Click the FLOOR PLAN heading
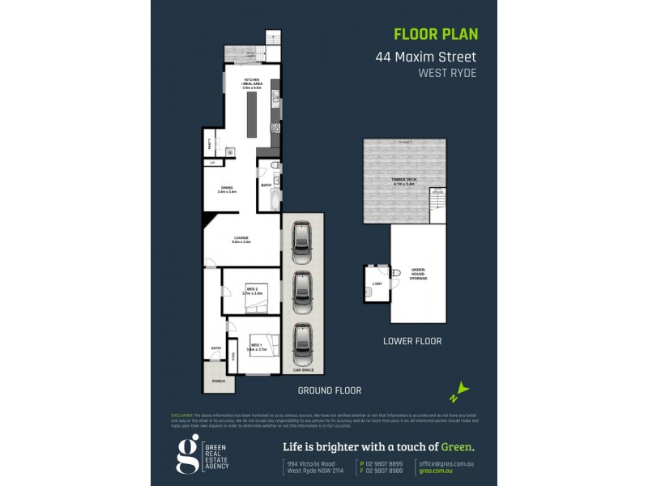point(436,34)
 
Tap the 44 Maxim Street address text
point(425,58)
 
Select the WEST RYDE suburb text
point(447,73)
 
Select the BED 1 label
point(255,346)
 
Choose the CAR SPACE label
point(303,369)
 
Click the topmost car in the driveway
point(302,241)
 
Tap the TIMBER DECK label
point(403,181)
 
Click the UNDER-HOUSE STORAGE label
point(418,274)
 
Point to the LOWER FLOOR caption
point(412,341)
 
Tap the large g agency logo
point(187,455)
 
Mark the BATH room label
point(266,185)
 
